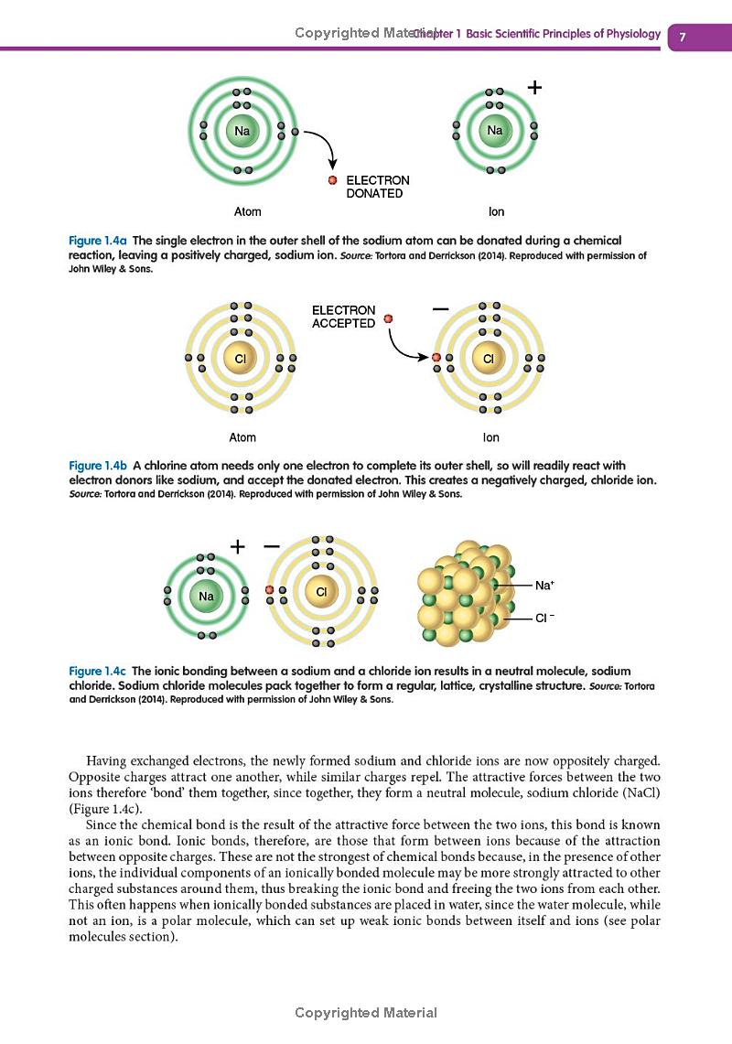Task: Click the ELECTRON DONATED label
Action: coord(377,187)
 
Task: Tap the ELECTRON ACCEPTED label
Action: coord(343,317)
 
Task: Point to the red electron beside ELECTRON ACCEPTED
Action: coord(389,318)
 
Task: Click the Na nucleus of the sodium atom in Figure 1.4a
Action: coord(242,131)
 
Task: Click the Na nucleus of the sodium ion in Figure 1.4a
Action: coord(494,131)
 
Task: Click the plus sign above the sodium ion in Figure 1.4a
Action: coord(535,88)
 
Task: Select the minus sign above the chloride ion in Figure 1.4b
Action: coord(440,310)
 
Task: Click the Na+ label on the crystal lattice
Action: coord(544,583)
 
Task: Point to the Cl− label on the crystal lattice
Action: coord(544,618)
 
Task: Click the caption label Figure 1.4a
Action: coord(99,240)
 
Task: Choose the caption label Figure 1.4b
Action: coord(99,466)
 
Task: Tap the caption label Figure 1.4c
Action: coord(99,672)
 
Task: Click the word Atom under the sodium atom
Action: coord(248,211)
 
